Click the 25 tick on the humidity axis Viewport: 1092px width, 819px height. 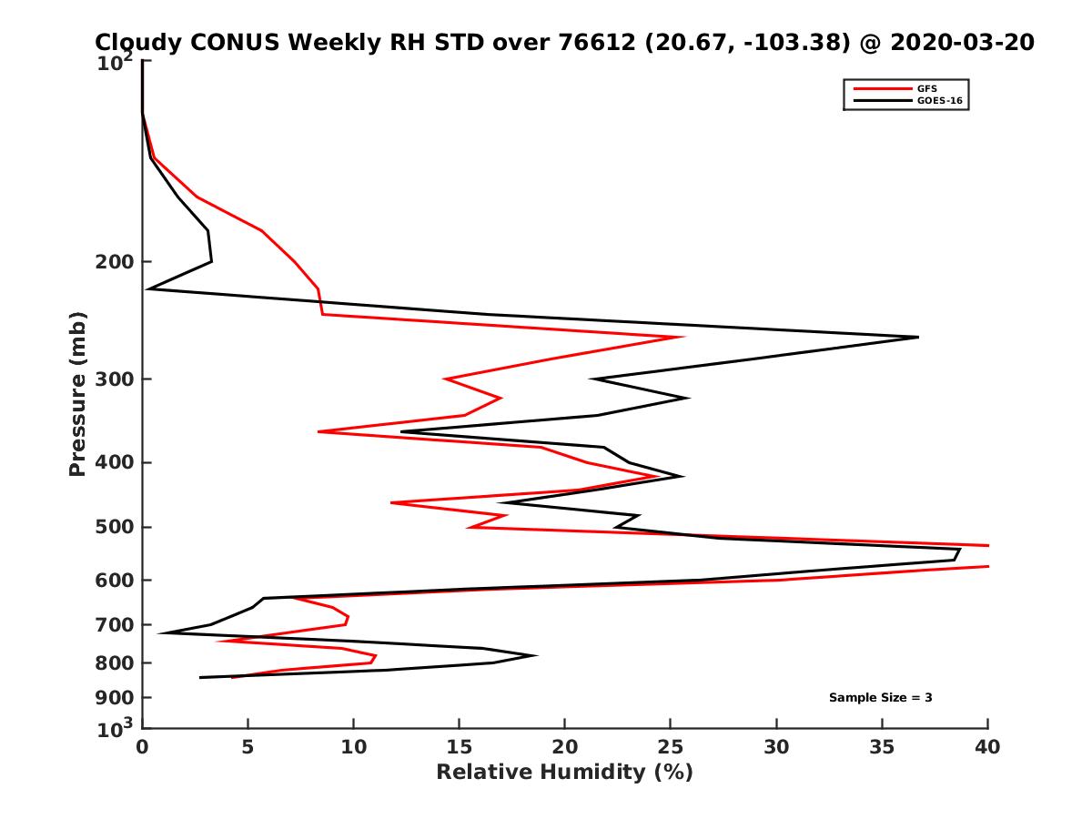coord(671,747)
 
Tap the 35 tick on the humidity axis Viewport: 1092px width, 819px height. coord(882,747)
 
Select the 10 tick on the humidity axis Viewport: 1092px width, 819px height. coord(353,747)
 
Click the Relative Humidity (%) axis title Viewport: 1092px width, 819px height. coord(564,773)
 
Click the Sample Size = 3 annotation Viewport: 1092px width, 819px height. coord(880,698)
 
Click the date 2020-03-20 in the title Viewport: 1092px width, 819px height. coord(962,43)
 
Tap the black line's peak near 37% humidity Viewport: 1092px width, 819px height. coord(917,338)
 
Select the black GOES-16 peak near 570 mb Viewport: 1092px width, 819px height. coord(959,550)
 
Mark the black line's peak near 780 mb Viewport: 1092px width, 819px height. coord(535,655)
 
